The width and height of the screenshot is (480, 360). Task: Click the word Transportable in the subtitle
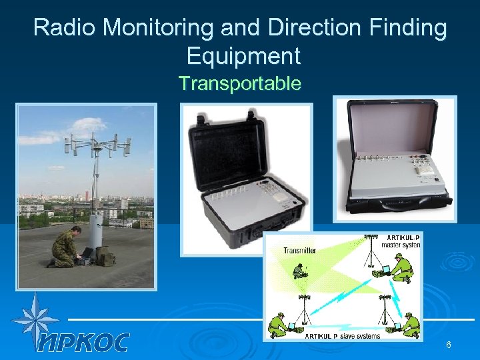pyautogui.click(x=240, y=83)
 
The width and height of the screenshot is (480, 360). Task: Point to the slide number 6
pyautogui.click(x=449, y=345)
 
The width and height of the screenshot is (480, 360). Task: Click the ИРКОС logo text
pyautogui.click(x=83, y=343)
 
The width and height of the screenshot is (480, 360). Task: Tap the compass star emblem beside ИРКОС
pyautogui.click(x=35, y=319)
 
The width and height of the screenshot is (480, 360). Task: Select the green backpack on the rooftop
pyautogui.click(x=105, y=255)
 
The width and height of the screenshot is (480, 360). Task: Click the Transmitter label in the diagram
pyautogui.click(x=300, y=251)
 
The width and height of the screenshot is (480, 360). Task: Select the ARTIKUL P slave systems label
pyautogui.click(x=343, y=335)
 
